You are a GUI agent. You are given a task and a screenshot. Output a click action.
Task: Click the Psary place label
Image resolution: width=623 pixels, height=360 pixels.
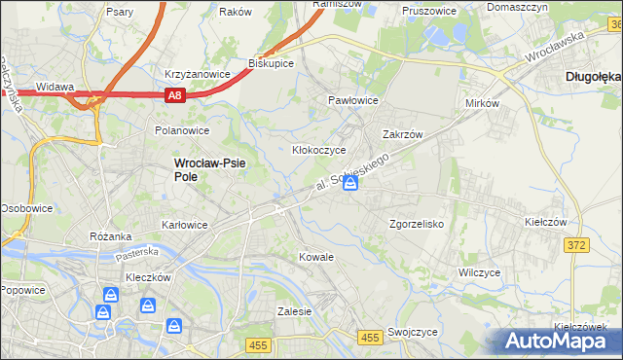(120, 13)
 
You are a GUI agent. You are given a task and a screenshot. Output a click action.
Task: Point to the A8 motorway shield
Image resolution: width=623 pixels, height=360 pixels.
(174, 95)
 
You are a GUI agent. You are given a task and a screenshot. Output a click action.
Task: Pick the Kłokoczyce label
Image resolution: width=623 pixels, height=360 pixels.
(319, 151)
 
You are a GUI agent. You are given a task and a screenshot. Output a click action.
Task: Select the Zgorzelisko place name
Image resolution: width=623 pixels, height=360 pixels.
(417, 223)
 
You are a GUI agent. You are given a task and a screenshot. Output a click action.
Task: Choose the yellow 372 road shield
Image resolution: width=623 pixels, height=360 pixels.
(575, 245)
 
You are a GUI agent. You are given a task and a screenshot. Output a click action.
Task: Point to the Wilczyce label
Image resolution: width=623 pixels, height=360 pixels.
(479, 272)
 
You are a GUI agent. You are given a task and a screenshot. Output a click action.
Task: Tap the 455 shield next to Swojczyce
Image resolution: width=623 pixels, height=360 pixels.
(369, 337)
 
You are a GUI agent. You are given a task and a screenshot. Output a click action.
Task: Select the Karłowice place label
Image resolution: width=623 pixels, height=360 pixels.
(185, 225)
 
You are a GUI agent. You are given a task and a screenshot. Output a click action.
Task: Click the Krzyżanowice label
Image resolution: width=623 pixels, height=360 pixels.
(197, 73)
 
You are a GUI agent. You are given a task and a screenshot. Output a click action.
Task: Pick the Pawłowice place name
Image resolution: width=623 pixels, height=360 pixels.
(352, 100)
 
